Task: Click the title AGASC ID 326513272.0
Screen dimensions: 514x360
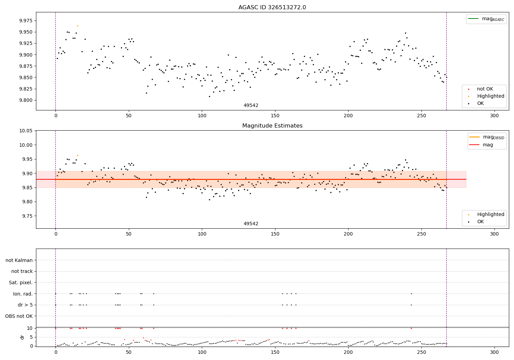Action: (x=272, y=7)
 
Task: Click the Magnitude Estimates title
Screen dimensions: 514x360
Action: (x=272, y=125)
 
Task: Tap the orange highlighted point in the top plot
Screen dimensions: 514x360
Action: (x=77, y=26)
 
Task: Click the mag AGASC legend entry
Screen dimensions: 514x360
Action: (x=486, y=19)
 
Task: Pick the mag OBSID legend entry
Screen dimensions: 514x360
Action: (x=487, y=137)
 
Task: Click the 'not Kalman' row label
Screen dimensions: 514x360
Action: (x=19, y=260)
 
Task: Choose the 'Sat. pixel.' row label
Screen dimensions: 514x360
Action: (x=21, y=283)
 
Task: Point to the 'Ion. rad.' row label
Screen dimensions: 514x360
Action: (x=23, y=294)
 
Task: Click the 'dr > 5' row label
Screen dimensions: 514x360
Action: (x=25, y=305)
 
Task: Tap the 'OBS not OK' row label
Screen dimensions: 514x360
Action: (x=19, y=316)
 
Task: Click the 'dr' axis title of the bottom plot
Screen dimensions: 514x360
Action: (x=22, y=337)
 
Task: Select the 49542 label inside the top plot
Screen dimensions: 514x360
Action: (x=251, y=105)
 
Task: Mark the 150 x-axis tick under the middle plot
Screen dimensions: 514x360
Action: (x=275, y=234)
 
